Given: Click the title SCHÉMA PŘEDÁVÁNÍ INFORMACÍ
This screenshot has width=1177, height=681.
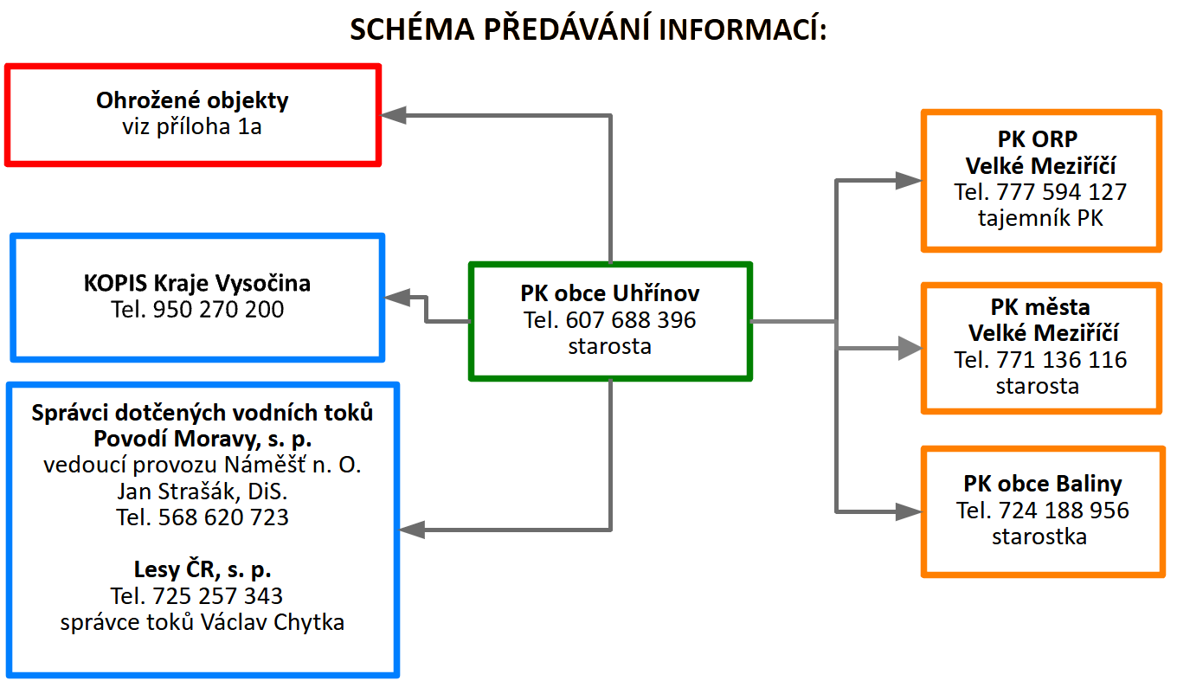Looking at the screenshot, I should click(588, 29).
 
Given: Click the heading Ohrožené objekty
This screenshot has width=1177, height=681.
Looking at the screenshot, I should click(192, 100).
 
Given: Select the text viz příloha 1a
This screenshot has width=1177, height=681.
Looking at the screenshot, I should click(192, 127).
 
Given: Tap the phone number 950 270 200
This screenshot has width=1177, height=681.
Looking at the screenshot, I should click(218, 309).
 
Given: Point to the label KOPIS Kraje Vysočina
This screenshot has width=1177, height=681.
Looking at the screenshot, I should click(197, 283).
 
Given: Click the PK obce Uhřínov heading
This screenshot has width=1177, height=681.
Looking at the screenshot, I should click(610, 293).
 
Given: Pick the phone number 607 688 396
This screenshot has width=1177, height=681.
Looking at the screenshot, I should click(631, 320).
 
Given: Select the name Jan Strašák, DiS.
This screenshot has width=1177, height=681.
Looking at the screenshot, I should click(203, 491).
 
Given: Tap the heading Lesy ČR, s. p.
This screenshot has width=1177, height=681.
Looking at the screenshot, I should click(203, 569).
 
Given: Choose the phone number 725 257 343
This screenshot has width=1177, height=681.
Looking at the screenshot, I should click(217, 595).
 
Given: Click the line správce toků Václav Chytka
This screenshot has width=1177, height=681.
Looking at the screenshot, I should click(203, 622).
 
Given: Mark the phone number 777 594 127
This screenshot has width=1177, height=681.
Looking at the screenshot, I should click(1062, 192).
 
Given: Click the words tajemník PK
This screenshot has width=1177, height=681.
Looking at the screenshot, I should click(1041, 218).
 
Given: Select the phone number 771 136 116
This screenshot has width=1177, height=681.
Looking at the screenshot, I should click(1062, 359).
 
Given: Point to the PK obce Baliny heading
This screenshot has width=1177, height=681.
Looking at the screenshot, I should click(1042, 484).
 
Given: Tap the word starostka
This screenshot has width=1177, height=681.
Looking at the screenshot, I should click(1039, 536).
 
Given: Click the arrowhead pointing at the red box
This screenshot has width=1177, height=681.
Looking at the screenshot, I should click(395, 115).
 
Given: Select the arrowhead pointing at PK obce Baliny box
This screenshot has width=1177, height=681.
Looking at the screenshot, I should click(909, 511).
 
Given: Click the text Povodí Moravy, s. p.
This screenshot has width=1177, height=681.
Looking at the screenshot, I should click(203, 439).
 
